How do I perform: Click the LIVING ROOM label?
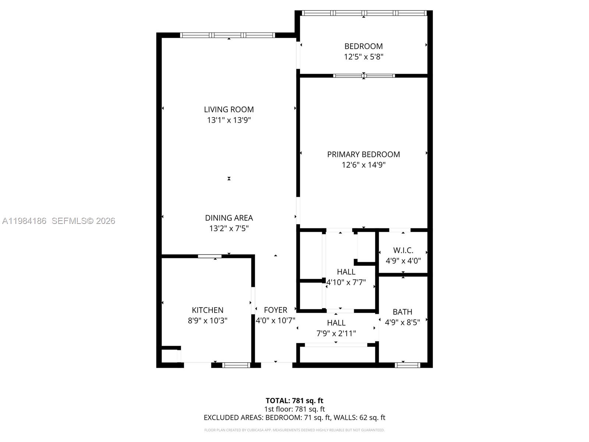coord(229,109)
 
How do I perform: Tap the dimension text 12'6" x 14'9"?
coord(363,165)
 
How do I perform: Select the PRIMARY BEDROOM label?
coord(363,154)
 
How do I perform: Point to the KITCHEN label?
coord(207,310)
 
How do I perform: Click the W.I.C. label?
coord(403,250)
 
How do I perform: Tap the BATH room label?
coord(402,312)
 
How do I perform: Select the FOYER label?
coord(275,310)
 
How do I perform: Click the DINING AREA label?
coord(229,218)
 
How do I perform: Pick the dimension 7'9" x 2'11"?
coord(336,333)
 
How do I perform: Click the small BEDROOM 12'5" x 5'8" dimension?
coord(363,57)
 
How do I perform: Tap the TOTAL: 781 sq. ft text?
coord(294,400)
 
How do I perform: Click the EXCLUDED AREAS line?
coord(294,417)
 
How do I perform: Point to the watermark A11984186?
coord(24,221)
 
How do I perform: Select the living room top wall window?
coord(228,35)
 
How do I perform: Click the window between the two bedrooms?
coord(364,76)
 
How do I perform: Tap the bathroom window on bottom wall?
coord(407,365)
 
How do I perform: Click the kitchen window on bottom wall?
coord(236,365)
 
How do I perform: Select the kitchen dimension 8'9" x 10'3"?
coord(207,320)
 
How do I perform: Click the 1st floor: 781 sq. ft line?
coord(294,409)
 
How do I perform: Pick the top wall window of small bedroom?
coord(364,13)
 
